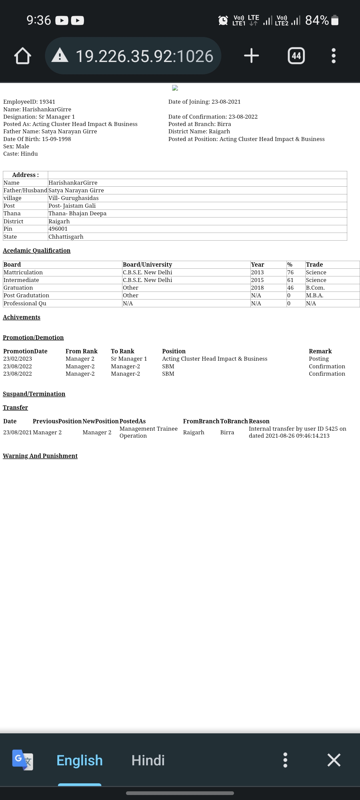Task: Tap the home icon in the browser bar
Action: pos(23,56)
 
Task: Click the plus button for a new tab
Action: pos(251,56)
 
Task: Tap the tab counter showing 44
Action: pos(296,56)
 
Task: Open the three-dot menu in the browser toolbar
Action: pos(333,56)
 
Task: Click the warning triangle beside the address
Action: pos(60,55)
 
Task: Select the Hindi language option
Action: pos(148,760)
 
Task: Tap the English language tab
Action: pos(80,760)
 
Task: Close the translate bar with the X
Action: pos(334,760)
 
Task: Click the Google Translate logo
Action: pos(23,760)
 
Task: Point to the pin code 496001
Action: pos(58,229)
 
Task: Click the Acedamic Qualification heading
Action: pos(37,251)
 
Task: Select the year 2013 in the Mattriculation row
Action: pos(257,272)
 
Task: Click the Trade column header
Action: pos(314,264)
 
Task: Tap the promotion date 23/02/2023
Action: pos(18,359)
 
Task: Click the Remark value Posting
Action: pos(319,359)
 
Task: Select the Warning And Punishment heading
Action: pos(40,456)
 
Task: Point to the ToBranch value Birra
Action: pos(227,432)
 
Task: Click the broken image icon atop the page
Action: pos(175,88)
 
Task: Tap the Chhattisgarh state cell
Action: pos(66,237)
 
